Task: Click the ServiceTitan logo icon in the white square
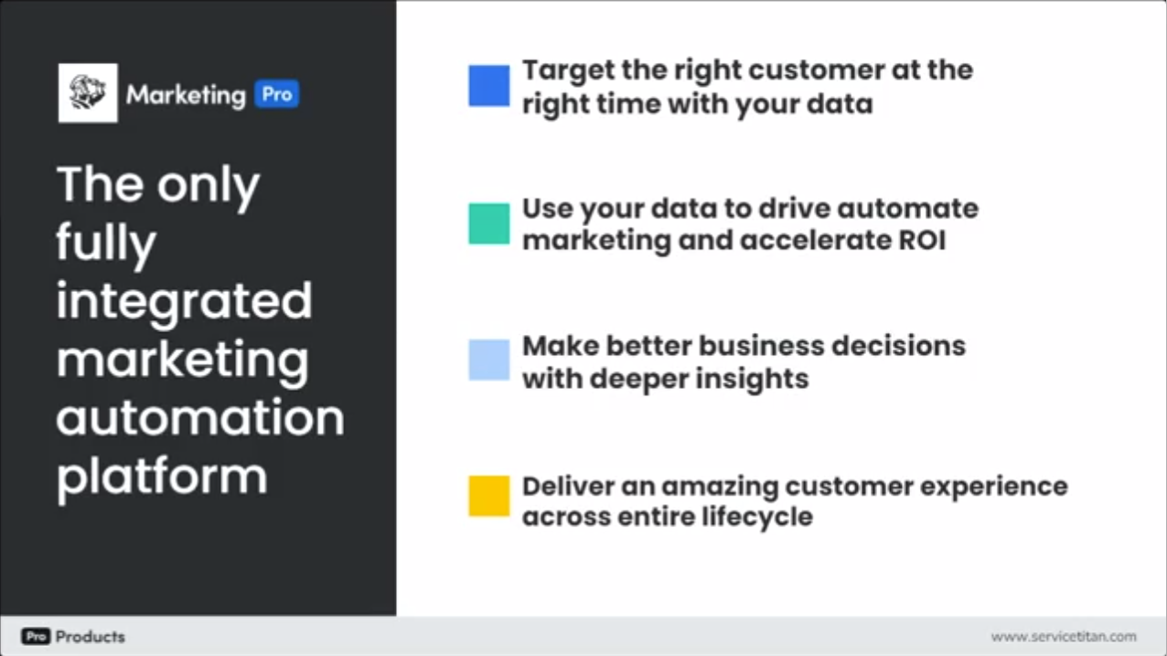coord(88,93)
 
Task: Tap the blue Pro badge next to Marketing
coord(276,94)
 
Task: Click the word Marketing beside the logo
coord(186,95)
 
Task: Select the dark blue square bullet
coord(489,86)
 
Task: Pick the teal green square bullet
coord(489,224)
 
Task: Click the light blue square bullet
coord(489,360)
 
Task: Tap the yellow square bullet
coord(489,496)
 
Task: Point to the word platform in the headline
coord(162,476)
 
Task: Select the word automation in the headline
coord(200,417)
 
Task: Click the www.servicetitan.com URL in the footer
coord(1063,637)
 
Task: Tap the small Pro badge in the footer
coord(36,637)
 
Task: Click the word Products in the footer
coord(91,637)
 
